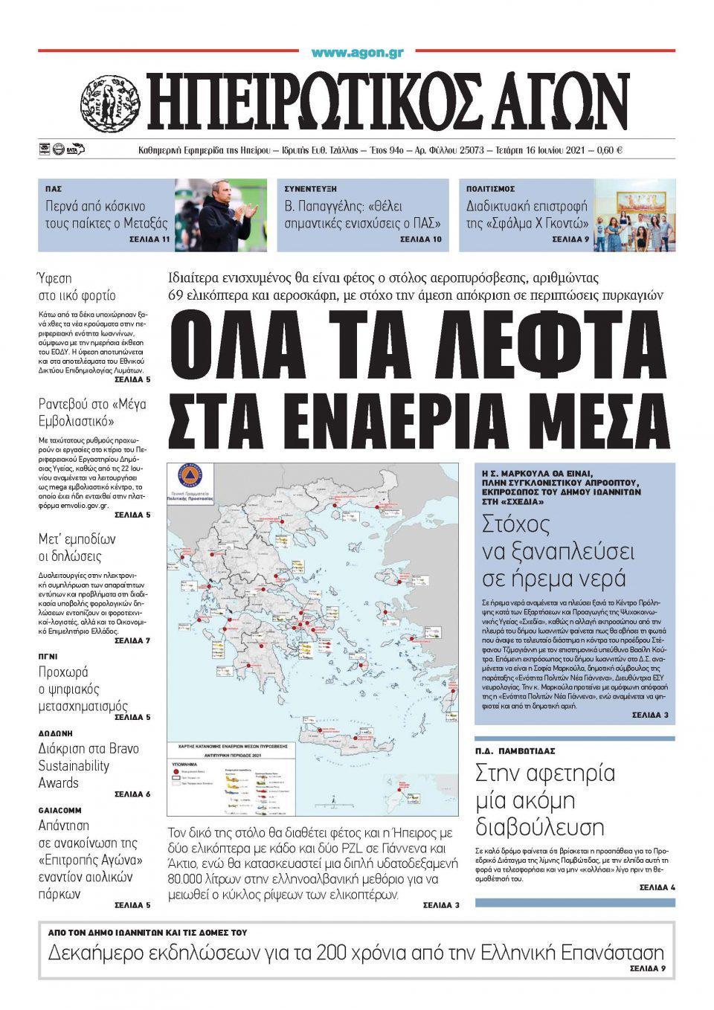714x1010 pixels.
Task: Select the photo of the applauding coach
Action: [221, 215]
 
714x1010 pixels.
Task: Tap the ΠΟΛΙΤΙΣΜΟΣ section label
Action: [490, 189]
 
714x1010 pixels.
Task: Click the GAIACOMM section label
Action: [59, 810]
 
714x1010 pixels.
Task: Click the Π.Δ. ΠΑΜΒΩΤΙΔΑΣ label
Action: [515, 750]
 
